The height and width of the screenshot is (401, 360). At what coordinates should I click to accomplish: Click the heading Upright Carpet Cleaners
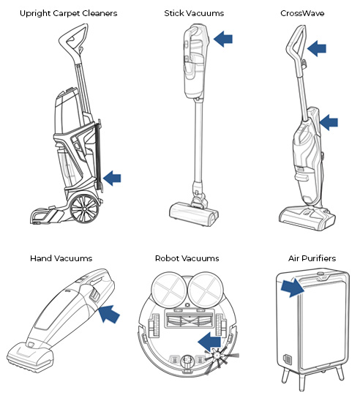(69, 14)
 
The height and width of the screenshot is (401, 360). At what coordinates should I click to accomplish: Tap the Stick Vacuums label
(194, 13)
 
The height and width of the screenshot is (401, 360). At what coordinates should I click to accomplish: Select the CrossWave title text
(302, 13)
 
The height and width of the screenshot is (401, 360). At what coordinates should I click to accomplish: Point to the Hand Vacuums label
(61, 258)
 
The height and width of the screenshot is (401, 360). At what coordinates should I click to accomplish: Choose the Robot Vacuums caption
(187, 258)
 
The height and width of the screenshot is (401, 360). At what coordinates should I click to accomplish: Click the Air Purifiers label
(312, 258)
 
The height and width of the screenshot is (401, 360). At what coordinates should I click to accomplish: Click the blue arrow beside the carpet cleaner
(112, 178)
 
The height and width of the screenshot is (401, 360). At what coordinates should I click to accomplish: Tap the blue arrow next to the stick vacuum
(222, 39)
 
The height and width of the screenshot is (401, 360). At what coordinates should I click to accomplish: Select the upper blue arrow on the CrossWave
(317, 48)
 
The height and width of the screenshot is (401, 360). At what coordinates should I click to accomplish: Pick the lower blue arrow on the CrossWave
(329, 122)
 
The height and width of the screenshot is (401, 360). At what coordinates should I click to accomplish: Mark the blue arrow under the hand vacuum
(109, 313)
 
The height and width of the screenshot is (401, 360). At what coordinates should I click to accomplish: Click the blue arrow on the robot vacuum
(209, 342)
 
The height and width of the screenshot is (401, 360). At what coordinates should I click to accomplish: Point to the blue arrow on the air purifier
(292, 288)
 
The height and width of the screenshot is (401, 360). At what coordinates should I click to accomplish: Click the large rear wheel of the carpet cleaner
(84, 209)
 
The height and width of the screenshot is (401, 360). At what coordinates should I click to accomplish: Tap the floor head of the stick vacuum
(194, 214)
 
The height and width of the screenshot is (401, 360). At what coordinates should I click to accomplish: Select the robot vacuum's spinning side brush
(217, 356)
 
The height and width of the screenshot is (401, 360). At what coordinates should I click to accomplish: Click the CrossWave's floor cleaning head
(307, 218)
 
